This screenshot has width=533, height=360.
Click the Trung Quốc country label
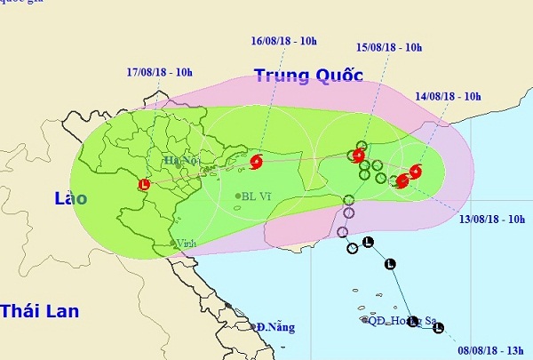(308, 76)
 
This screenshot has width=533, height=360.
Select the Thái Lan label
(40, 311)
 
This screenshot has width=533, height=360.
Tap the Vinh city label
(186, 243)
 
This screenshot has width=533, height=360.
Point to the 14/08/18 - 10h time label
(449, 96)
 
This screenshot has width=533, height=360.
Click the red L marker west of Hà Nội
(145, 185)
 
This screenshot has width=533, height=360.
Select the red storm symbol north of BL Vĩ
(256, 162)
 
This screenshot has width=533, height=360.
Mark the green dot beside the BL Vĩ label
(239, 196)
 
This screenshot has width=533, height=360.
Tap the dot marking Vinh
(173, 243)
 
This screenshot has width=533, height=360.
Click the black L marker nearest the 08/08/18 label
(438, 328)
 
